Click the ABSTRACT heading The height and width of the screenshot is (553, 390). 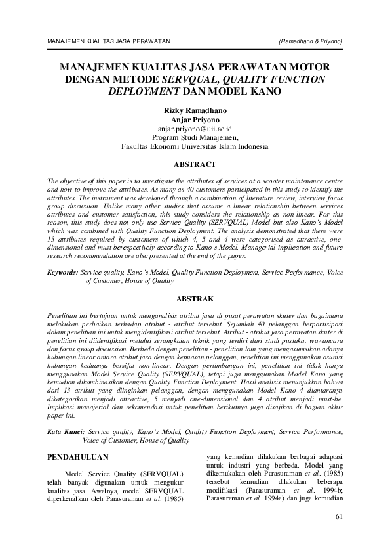195,164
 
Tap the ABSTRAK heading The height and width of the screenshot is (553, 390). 195,298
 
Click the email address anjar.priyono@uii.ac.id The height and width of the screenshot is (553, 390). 195,129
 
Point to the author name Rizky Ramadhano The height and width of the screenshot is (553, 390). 195,110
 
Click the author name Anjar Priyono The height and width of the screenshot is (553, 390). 195,120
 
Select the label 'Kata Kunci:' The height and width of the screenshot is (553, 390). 69,432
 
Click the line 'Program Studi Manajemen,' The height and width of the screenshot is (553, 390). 195,138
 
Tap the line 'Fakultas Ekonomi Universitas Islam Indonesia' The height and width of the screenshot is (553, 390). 195,147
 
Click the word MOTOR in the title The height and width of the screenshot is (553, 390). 308,68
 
